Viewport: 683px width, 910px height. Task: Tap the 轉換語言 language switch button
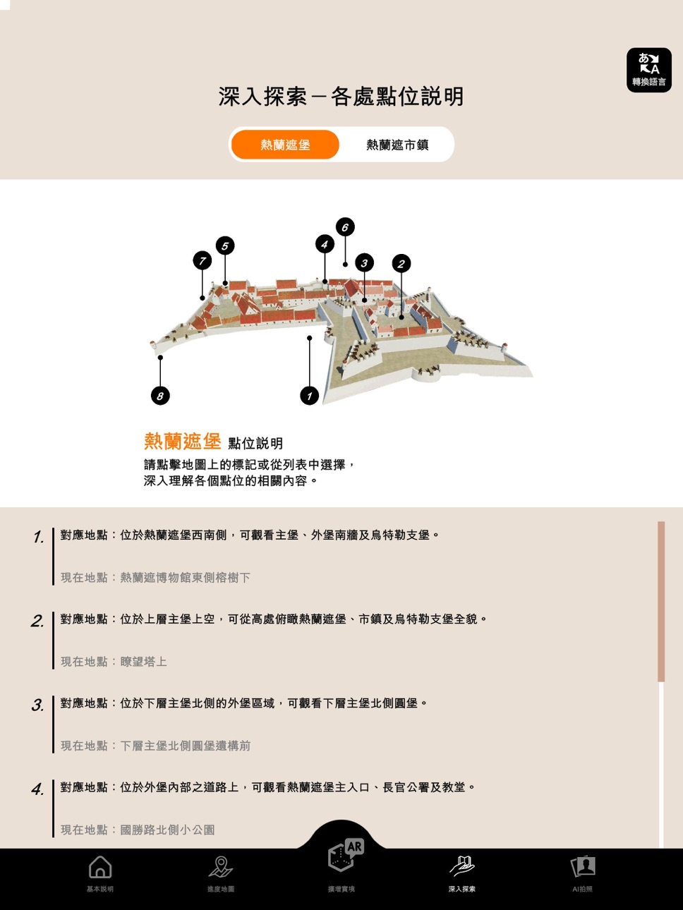click(649, 70)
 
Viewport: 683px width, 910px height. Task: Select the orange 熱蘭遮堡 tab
click(285, 145)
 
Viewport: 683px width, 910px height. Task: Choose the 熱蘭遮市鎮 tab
click(397, 145)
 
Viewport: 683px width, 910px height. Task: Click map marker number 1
click(309, 396)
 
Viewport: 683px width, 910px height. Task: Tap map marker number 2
click(401, 264)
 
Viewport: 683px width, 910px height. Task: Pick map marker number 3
click(364, 263)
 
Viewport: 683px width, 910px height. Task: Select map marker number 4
click(325, 244)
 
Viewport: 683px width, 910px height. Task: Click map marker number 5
click(225, 246)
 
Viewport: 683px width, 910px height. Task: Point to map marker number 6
click(345, 226)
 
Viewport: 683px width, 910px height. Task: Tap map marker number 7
click(203, 261)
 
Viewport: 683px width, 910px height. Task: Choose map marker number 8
click(160, 396)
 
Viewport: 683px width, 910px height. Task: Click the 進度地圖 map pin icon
click(221, 866)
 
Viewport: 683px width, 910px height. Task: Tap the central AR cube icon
click(345, 855)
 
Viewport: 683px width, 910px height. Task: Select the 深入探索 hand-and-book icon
click(462, 866)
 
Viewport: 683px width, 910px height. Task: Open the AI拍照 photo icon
click(583, 866)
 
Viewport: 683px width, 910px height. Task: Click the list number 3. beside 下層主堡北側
click(37, 705)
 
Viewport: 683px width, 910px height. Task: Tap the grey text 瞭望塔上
click(143, 662)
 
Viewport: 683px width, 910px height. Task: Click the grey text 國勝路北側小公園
click(167, 830)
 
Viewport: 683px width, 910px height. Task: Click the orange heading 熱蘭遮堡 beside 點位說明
click(183, 441)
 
